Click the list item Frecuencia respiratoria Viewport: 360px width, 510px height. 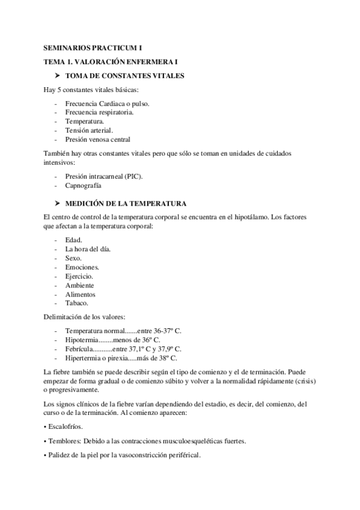tap(99, 112)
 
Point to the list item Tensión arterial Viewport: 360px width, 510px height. tap(89, 130)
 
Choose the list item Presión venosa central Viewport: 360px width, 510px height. tap(97, 139)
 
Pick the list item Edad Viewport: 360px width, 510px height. tap(73, 240)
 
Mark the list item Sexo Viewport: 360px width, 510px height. tap(73, 258)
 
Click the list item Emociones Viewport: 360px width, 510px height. tap(82, 267)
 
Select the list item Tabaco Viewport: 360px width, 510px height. tap(76, 303)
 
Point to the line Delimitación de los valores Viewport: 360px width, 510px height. tap(84, 317)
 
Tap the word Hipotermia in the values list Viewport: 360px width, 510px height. tap(82, 339)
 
